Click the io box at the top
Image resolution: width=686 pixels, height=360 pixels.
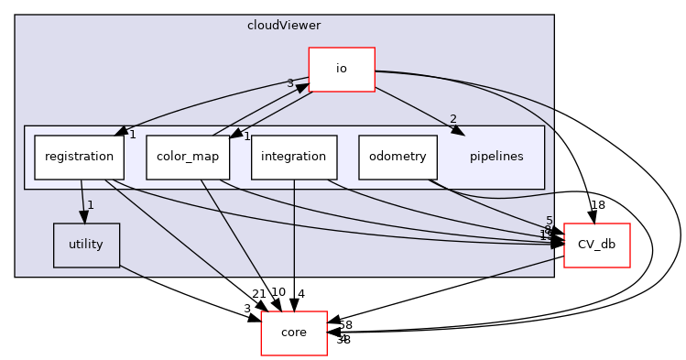click(x=342, y=70)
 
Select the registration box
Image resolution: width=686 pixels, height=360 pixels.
click(x=79, y=157)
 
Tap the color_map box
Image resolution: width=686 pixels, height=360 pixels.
click(x=188, y=157)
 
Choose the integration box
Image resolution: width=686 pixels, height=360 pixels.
click(x=293, y=157)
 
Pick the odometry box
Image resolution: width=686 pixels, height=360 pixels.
click(x=397, y=157)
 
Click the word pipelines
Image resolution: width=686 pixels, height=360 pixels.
click(x=495, y=157)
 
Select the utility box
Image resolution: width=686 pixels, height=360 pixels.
click(x=86, y=245)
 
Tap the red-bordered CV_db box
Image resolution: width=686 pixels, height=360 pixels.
click(x=596, y=245)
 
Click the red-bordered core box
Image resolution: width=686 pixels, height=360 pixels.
click(x=294, y=333)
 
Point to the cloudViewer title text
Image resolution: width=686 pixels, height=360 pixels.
click(x=284, y=25)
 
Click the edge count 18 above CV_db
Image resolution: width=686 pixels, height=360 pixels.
click(x=597, y=205)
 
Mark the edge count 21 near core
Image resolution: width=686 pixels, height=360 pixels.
click(x=258, y=293)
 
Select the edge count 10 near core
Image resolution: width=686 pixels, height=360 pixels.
click(x=278, y=292)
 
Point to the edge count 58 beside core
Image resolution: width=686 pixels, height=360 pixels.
click(x=344, y=325)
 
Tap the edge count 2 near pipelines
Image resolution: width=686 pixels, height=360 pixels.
click(x=453, y=119)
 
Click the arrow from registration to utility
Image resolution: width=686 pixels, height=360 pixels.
click(x=83, y=201)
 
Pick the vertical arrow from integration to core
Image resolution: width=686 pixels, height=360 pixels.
click(x=293, y=247)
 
